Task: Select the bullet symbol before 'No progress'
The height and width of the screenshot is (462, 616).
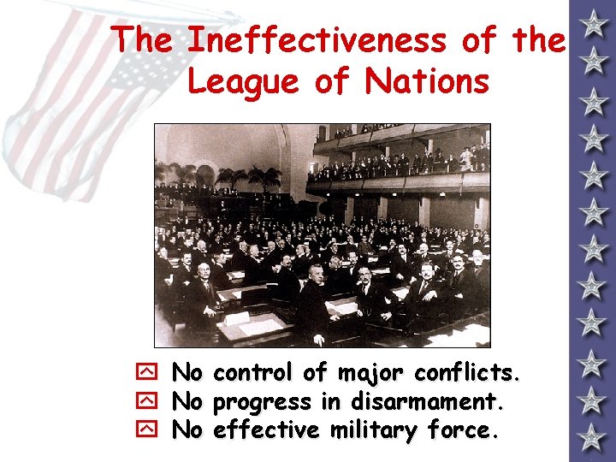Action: tap(144, 402)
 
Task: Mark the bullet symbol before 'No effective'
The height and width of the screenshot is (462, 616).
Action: tap(144, 430)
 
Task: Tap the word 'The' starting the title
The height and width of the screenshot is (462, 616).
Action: tap(144, 39)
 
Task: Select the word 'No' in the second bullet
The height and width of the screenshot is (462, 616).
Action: tap(187, 401)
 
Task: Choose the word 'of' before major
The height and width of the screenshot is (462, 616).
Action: tap(315, 374)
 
